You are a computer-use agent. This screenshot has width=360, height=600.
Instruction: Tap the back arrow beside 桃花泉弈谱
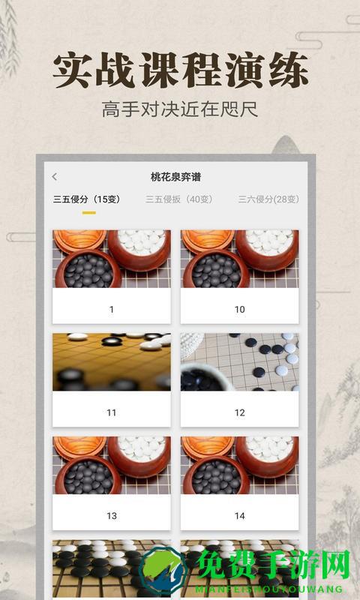click(54, 177)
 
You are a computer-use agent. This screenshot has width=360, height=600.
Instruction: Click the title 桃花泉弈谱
click(175, 177)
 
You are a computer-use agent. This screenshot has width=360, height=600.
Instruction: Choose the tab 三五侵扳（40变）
click(179, 199)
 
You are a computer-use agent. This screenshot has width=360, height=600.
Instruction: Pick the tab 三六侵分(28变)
click(268, 199)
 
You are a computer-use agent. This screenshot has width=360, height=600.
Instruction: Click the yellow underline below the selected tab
click(88, 212)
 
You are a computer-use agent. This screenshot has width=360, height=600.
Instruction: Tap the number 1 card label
click(112, 309)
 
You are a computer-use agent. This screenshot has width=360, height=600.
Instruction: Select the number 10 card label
click(240, 309)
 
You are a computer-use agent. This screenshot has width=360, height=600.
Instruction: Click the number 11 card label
click(112, 412)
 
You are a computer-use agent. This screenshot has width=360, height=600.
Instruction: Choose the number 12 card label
click(240, 412)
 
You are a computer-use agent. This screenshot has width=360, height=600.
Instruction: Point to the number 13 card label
click(112, 516)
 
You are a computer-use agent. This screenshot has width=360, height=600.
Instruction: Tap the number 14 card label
click(240, 516)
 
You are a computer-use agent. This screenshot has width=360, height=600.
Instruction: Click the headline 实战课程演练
click(180, 71)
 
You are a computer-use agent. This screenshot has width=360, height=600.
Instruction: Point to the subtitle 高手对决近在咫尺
click(180, 110)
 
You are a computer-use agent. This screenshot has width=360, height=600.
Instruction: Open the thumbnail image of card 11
click(112, 362)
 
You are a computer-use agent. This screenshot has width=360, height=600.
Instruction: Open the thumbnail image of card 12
click(240, 362)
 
